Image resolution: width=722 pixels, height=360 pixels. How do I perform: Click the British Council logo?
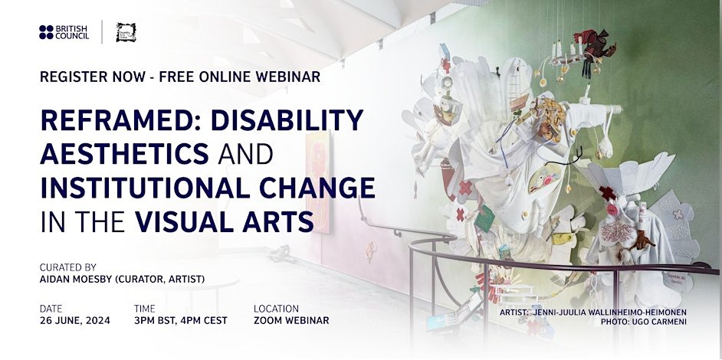(64, 32)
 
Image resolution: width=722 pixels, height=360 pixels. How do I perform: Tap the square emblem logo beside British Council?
(126, 32)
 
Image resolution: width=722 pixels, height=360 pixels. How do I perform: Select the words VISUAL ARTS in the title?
(225, 221)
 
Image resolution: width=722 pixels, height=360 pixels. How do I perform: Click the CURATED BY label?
(68, 267)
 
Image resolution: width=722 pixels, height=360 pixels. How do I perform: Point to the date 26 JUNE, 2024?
(75, 320)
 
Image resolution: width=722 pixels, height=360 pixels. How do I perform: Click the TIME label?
(144, 308)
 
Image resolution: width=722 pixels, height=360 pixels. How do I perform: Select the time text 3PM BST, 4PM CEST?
(180, 320)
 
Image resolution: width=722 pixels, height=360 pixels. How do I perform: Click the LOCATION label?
(277, 308)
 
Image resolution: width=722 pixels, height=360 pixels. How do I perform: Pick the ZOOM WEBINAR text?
(291, 320)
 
